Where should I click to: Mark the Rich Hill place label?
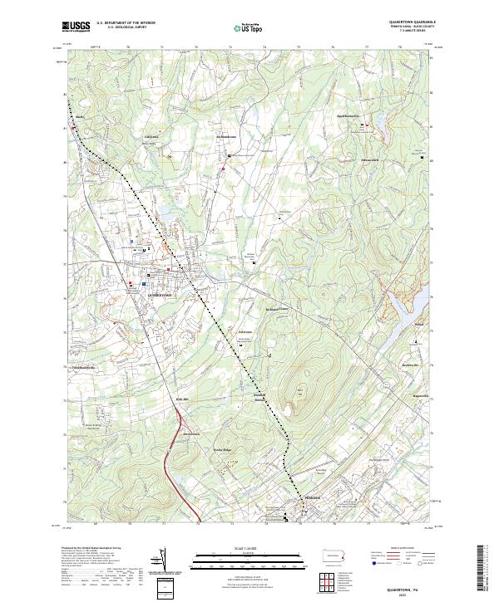(x=183, y=400)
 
